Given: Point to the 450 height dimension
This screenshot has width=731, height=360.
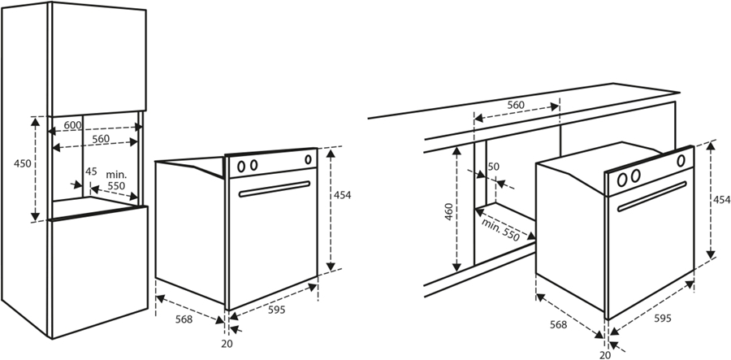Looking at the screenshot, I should (23, 163).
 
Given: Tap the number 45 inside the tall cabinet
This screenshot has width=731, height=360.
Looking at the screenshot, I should (91, 171).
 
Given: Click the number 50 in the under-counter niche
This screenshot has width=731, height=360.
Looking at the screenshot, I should (493, 167).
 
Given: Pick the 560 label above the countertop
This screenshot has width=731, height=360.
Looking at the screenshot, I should (516, 106).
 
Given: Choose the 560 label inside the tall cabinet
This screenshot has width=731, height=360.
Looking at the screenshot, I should (100, 139).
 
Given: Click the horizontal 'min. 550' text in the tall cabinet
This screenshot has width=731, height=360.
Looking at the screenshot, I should (116, 180).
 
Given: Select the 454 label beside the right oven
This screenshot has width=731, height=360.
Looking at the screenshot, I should (721, 200).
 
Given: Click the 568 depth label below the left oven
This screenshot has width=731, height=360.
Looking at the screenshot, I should (184, 319).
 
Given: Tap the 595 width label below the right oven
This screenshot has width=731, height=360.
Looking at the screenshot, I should (662, 318).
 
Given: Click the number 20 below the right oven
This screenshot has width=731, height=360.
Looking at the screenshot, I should (603, 354).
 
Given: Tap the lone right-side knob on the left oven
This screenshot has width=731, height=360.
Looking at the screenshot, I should (309, 159).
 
